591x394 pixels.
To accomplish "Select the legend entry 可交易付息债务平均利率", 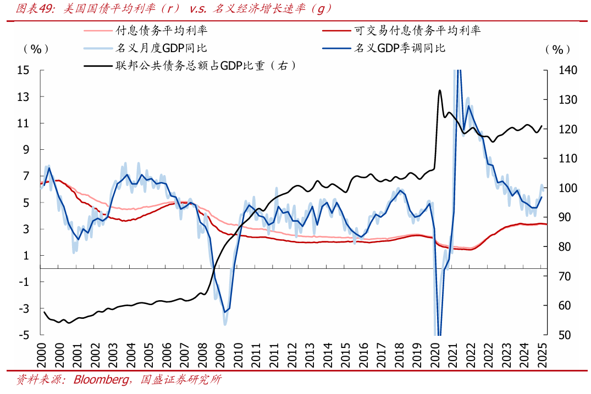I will click(418, 30).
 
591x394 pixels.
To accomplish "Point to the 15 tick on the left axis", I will click(23, 70).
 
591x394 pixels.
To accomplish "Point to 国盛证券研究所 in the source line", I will click(181, 380).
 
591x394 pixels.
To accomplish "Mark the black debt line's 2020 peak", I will click(440, 90).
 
